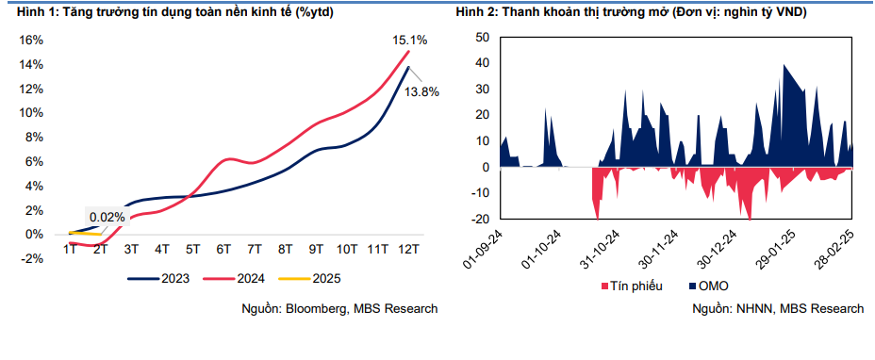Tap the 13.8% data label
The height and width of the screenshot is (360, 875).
pyautogui.click(x=421, y=92)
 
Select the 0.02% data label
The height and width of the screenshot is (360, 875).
pyautogui.click(x=107, y=217)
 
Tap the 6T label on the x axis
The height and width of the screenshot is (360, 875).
pyautogui.click(x=223, y=249)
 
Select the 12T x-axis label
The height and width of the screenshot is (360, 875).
pyautogui.click(x=407, y=249)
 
